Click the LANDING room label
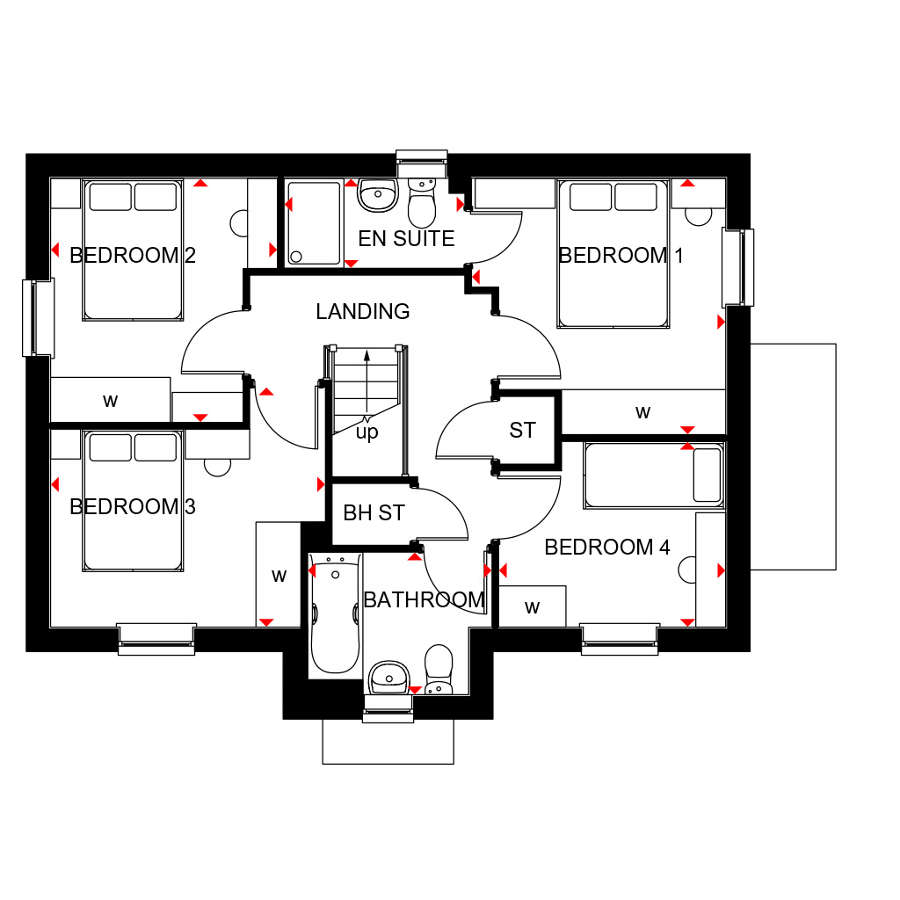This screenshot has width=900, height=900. [363, 312]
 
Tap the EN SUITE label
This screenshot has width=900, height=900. [406, 239]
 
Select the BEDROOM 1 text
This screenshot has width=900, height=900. [621, 256]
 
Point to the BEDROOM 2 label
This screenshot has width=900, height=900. [133, 256]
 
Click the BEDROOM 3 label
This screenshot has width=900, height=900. [133, 507]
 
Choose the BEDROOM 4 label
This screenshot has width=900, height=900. [607, 547]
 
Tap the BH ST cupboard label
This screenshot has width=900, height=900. [374, 513]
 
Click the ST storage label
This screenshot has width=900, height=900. [522, 431]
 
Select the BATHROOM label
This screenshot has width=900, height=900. [425, 600]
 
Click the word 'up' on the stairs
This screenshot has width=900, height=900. [367, 432]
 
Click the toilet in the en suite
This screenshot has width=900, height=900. [422, 203]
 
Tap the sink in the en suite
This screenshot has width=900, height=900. [378, 194]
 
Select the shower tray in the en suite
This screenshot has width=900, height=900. [314, 222]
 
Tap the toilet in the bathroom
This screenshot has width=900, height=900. [439, 669]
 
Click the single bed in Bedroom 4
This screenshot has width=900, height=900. [654, 475]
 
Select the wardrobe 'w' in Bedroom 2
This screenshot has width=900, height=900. [110, 400]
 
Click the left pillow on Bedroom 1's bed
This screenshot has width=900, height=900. [591, 197]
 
